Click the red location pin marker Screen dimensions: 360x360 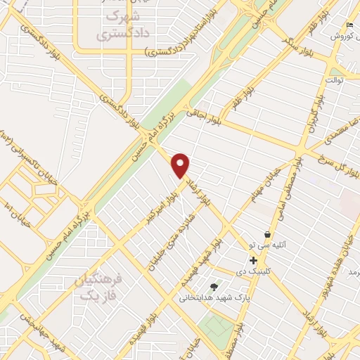pos(181,166)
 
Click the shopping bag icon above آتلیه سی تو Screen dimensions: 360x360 pos(267,235)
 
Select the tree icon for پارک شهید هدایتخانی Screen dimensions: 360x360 pos(214,287)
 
